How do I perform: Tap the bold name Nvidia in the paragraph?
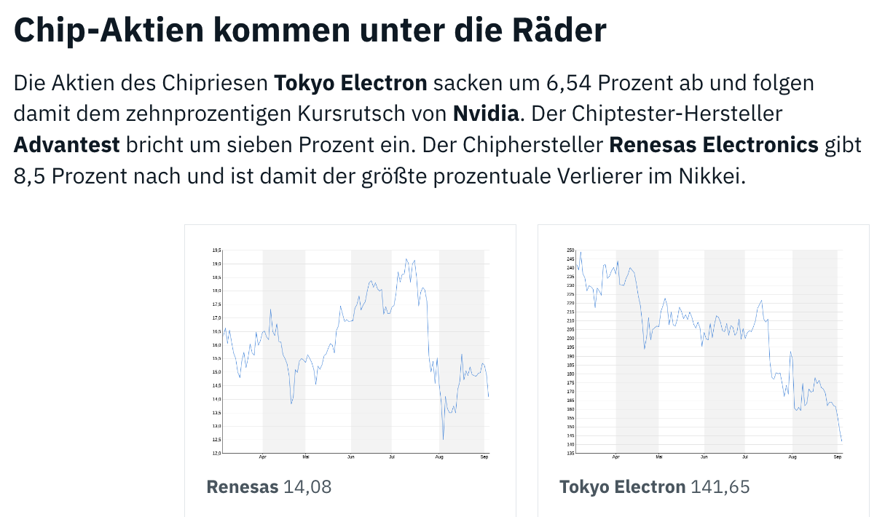click(486, 114)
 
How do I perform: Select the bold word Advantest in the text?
click(66, 145)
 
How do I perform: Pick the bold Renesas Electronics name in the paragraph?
click(714, 145)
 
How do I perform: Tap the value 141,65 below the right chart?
click(720, 486)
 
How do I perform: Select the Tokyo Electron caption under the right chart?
click(622, 486)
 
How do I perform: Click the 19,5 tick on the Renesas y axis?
click(216, 250)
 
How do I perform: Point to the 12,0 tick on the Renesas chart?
click(216, 453)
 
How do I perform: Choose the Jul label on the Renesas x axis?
click(392, 458)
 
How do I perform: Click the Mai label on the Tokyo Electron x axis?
click(658, 458)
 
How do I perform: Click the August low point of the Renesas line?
click(444, 439)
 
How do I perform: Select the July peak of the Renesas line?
click(406, 259)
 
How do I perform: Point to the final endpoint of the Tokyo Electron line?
click(841, 441)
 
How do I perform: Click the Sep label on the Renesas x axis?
click(484, 458)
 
